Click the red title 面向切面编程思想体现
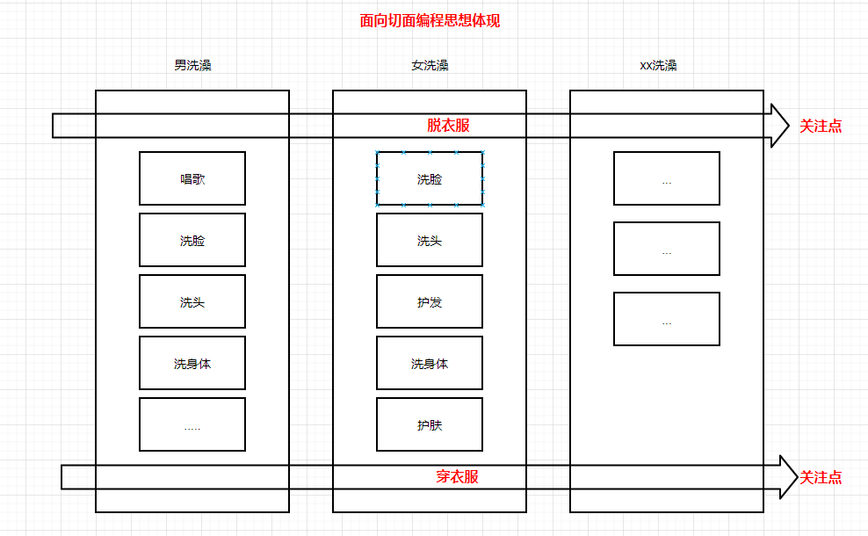point(430,21)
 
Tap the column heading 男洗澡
point(192,65)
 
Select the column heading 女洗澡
point(430,65)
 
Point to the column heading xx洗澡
point(658,65)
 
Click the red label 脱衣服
point(448,126)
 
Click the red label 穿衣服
point(457,477)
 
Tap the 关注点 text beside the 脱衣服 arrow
point(821,126)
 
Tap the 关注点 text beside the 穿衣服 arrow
point(821,477)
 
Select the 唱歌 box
point(192,178)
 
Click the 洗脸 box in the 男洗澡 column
point(192,240)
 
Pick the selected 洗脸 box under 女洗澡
point(430,178)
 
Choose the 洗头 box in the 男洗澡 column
point(192,301)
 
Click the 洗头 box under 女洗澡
point(430,240)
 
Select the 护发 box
point(430,301)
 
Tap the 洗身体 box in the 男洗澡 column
point(192,363)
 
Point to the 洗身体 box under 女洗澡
point(430,363)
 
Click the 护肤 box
point(430,424)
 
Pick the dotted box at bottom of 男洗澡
point(192,424)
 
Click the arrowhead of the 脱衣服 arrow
point(780,126)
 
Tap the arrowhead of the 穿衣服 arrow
point(787,477)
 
